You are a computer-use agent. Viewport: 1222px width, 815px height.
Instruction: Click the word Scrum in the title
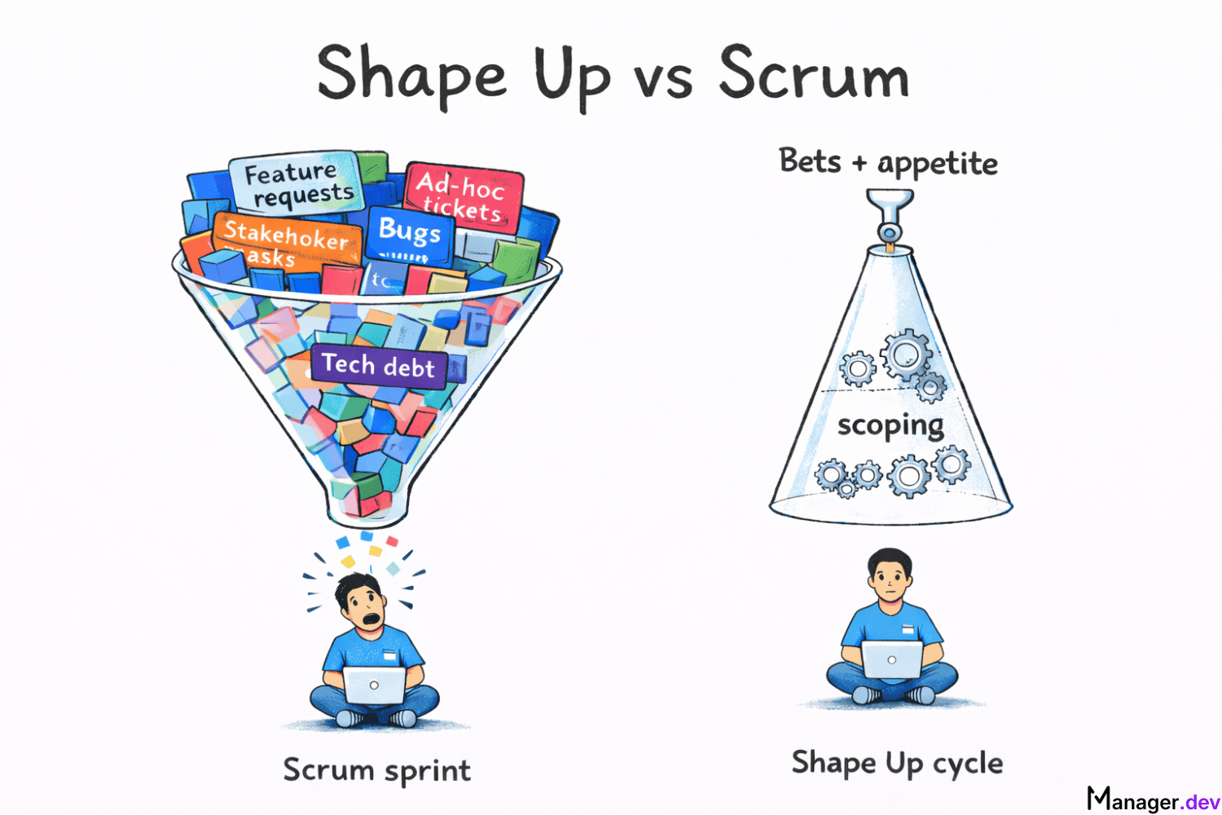coord(813,74)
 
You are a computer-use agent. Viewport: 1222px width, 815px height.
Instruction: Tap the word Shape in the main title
coord(411,76)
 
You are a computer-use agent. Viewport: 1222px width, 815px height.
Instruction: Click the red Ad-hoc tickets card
coord(461,196)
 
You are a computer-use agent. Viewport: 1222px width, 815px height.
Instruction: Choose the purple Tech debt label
coord(378,365)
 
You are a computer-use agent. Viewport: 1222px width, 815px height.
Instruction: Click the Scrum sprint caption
coord(376,770)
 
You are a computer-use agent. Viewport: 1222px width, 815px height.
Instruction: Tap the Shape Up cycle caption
coord(897,764)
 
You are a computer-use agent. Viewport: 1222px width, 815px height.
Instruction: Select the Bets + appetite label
coord(888,163)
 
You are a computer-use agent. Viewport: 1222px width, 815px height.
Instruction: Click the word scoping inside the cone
coord(890,425)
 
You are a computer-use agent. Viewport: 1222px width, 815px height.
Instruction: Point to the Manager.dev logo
coord(1153,800)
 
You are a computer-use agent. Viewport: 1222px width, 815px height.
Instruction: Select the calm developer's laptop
coord(891,659)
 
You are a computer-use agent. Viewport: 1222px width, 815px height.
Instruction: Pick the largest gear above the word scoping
coord(906,355)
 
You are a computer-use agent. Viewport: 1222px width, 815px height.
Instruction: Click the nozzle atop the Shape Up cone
coord(890,216)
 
